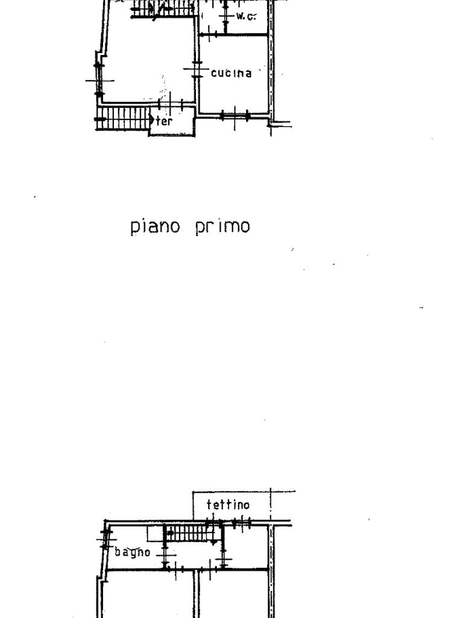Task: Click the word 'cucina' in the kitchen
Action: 231,73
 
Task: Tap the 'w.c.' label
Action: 246,16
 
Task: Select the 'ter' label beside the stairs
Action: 165,121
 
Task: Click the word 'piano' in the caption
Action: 155,227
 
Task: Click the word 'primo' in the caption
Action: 222,226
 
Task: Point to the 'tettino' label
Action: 228,505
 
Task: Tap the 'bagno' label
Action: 133,552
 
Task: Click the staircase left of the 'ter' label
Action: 124,117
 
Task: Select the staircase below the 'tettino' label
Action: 188,533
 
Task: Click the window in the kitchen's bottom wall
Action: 235,115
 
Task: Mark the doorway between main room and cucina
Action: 197,70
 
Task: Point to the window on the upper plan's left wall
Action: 99,78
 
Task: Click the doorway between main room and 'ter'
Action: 172,104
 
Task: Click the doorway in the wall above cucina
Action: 209,34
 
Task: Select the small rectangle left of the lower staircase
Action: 155,534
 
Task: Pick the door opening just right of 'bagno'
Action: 165,553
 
